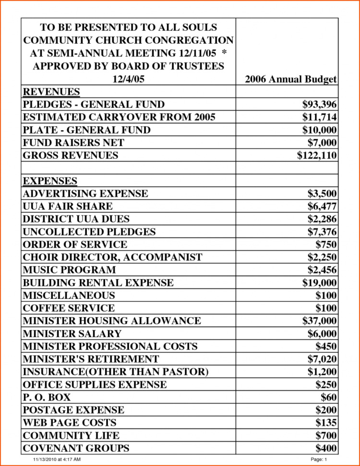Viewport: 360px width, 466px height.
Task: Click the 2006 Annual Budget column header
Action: [290, 79]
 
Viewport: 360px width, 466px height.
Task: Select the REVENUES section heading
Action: [51, 92]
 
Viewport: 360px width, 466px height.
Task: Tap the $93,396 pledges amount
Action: [319, 104]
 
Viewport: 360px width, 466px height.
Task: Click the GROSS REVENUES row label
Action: [71, 155]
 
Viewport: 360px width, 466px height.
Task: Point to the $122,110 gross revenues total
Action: [317, 155]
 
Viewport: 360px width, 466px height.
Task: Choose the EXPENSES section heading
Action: [50, 181]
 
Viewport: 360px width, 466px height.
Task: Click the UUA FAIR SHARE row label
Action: [68, 207]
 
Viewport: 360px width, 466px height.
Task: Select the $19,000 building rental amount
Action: [319, 282]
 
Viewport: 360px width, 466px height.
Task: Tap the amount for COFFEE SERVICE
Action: [326, 308]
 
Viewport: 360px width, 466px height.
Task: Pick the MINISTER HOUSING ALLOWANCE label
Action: [112, 321]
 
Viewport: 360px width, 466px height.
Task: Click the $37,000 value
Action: [319, 321]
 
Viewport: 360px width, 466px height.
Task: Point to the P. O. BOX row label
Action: [47, 397]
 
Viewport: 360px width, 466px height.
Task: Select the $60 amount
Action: [329, 397]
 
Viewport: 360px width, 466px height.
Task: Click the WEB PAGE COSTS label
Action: [70, 423]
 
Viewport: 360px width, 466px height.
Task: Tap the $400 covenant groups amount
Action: [326, 448]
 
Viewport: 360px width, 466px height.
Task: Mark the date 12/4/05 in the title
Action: [128, 79]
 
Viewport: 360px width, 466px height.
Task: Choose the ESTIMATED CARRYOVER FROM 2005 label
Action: [119, 117]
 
